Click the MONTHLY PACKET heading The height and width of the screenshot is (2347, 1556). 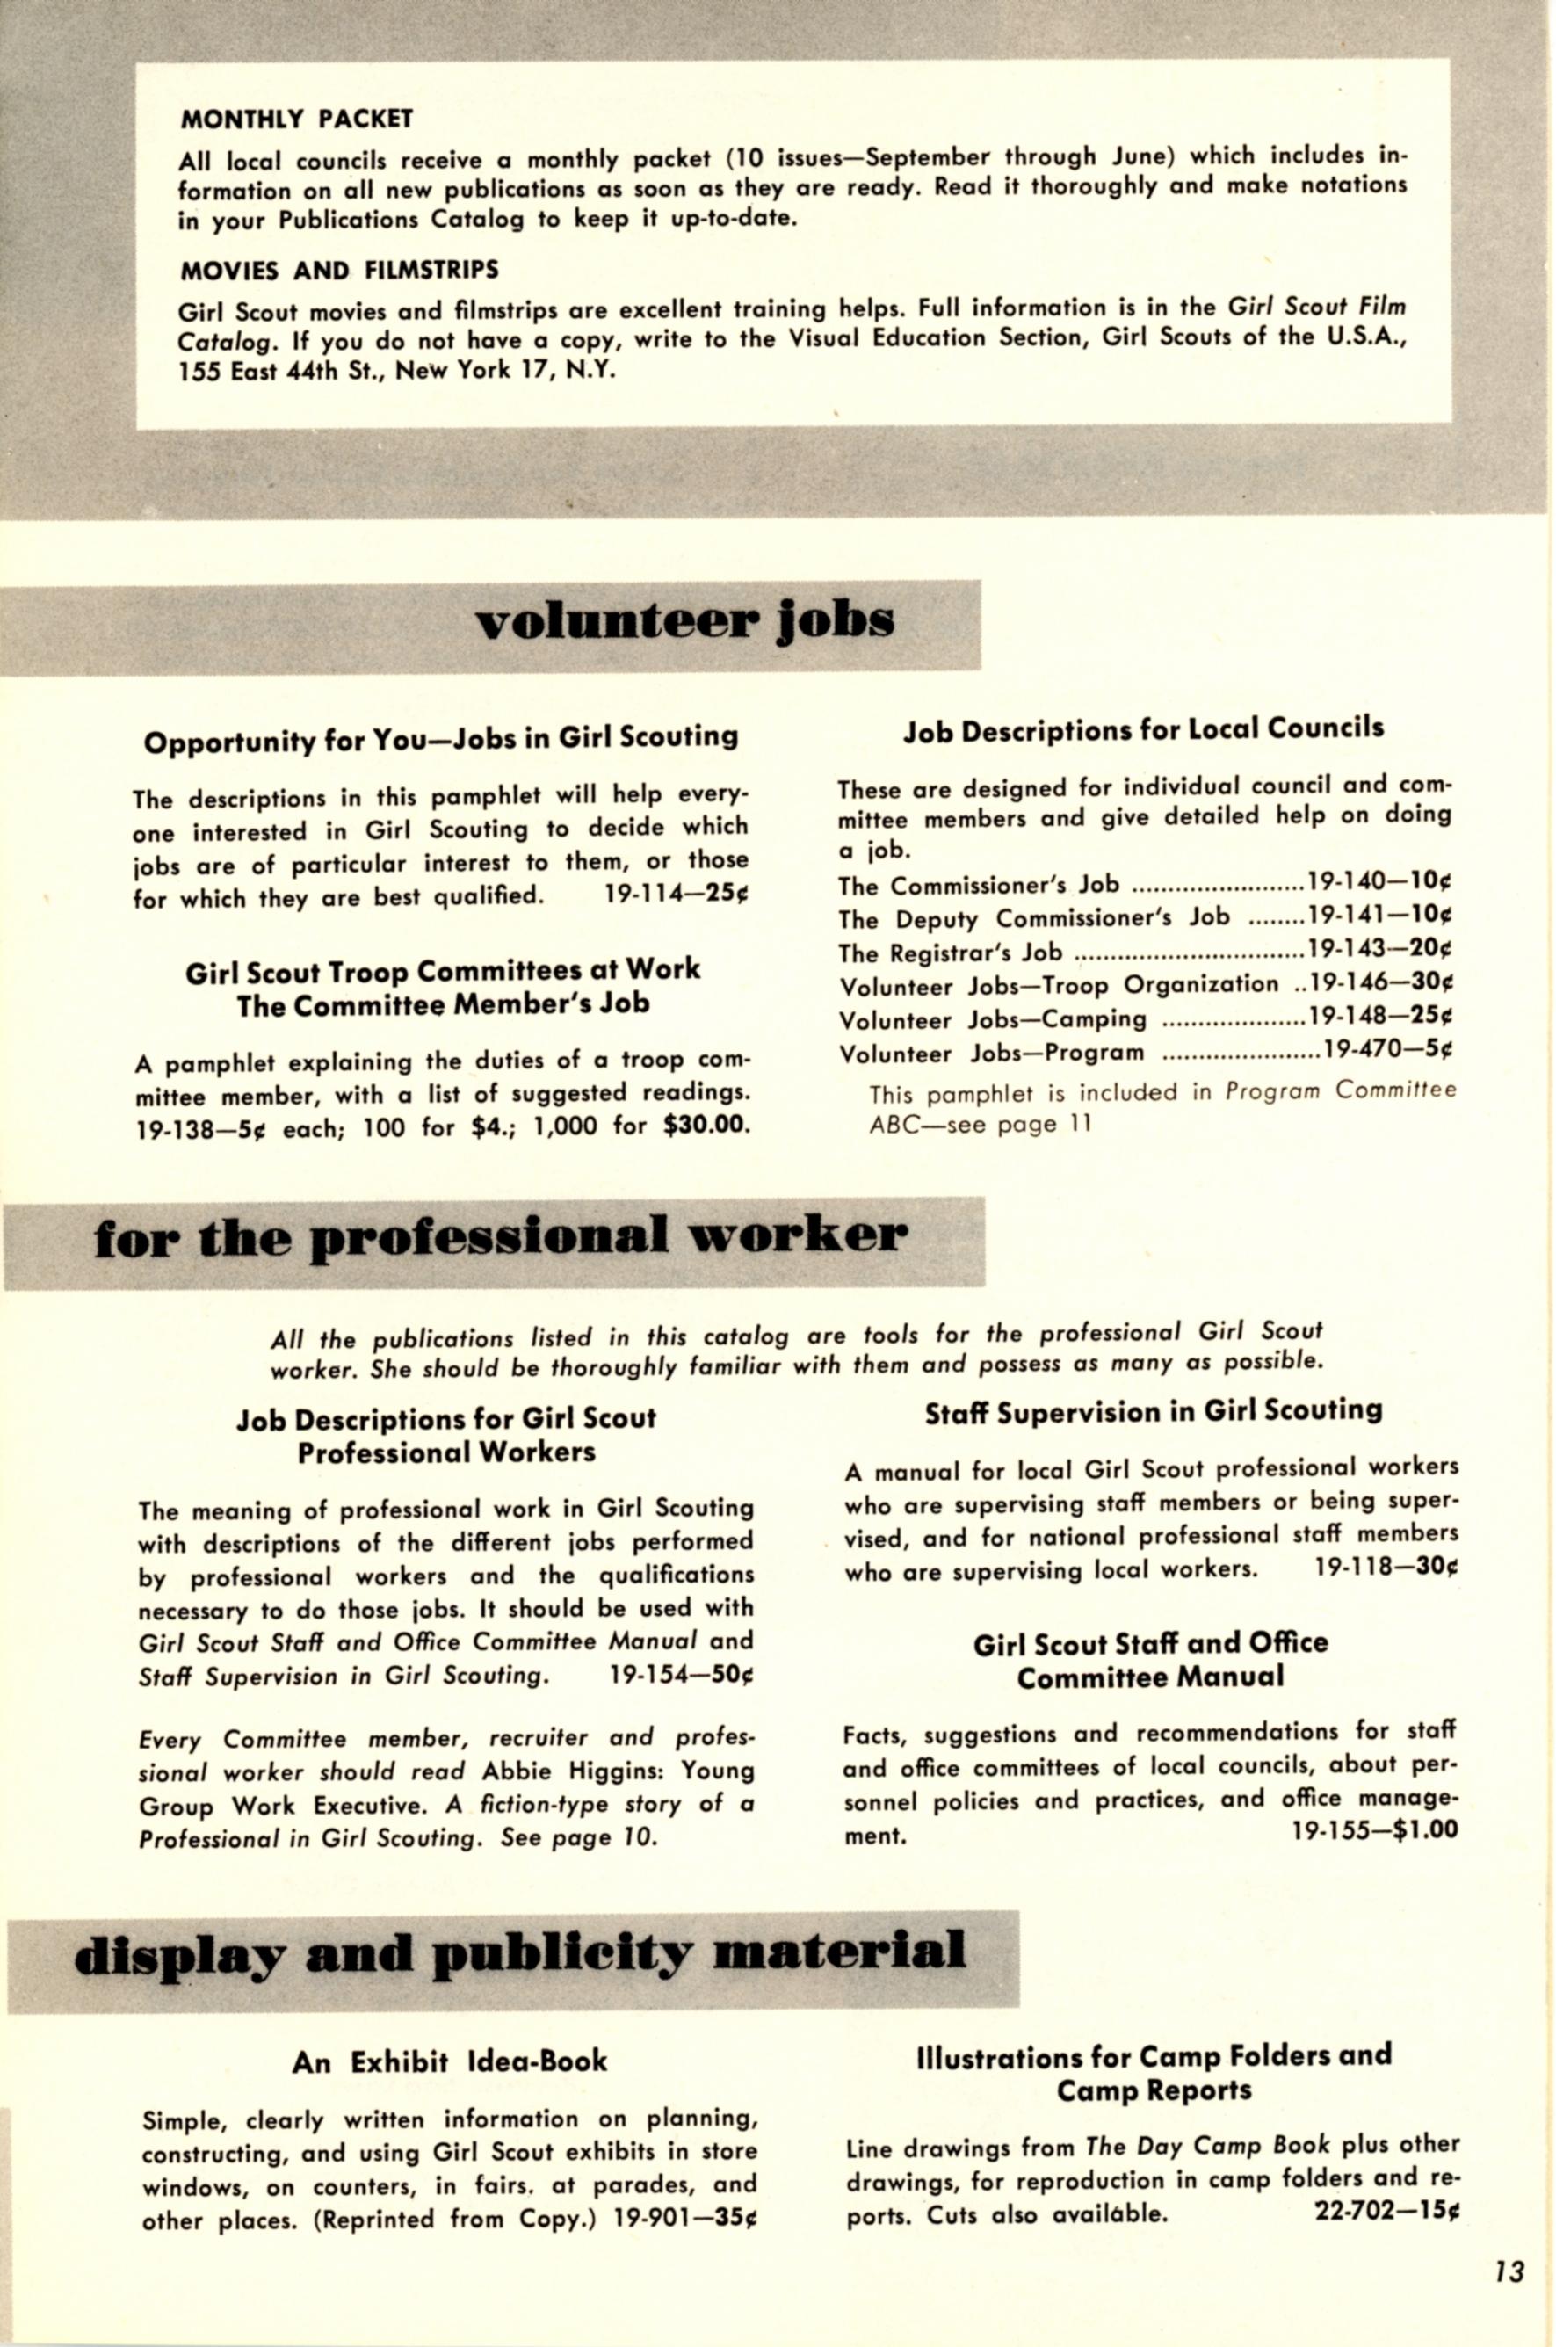[296, 120]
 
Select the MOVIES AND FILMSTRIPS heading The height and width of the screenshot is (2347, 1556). [338, 270]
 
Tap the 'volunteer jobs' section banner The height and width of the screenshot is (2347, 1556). [684, 622]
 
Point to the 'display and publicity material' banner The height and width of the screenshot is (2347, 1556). [519, 1952]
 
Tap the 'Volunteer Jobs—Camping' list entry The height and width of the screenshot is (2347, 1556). [994, 1019]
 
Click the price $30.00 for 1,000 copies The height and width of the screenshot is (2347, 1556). [706, 1126]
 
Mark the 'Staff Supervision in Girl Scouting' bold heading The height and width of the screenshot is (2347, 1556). [1153, 1412]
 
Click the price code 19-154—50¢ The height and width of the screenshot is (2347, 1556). [682, 1675]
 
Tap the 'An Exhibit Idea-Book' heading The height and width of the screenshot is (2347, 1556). [450, 2062]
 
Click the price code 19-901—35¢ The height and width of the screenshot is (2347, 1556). [684, 2219]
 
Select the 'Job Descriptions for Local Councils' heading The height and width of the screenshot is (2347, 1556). [1143, 729]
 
